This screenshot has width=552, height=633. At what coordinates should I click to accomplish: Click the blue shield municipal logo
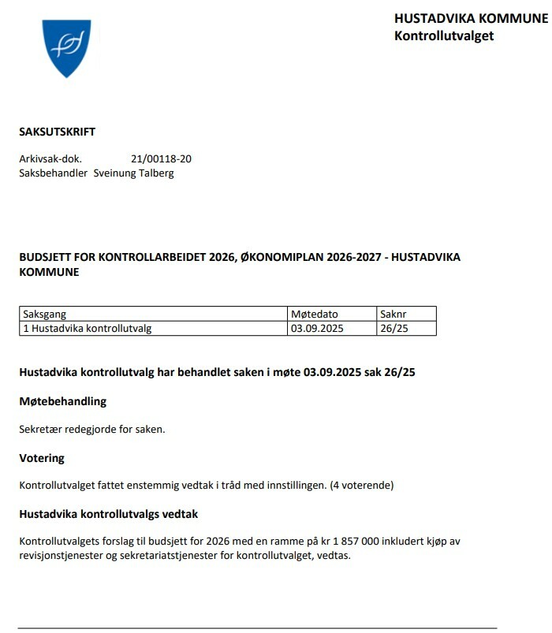(66, 48)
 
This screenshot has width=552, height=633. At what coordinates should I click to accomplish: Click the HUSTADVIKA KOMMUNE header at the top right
(471, 18)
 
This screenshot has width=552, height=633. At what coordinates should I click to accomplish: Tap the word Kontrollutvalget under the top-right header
(443, 35)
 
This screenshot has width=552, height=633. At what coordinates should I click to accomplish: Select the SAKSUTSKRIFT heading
(57, 132)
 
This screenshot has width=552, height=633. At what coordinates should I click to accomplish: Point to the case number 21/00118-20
(161, 158)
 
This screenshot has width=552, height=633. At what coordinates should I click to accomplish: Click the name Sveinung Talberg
(133, 173)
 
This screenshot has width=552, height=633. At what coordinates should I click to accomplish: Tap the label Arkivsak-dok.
(50, 158)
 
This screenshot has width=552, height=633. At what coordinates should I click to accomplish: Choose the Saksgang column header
(45, 314)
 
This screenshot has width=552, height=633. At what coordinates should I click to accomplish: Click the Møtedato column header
(314, 314)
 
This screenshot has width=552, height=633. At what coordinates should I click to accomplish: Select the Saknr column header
(394, 314)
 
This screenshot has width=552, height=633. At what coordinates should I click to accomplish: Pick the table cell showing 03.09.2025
(318, 328)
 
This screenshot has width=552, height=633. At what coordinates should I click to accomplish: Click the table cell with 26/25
(394, 328)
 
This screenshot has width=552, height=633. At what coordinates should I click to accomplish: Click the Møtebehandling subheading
(62, 401)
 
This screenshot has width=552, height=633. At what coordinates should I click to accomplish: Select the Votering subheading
(42, 457)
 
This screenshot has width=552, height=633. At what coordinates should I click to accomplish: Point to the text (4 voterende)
(362, 485)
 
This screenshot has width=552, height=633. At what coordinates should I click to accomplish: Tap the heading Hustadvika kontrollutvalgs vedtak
(108, 514)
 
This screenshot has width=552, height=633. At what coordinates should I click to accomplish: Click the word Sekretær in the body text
(41, 429)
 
